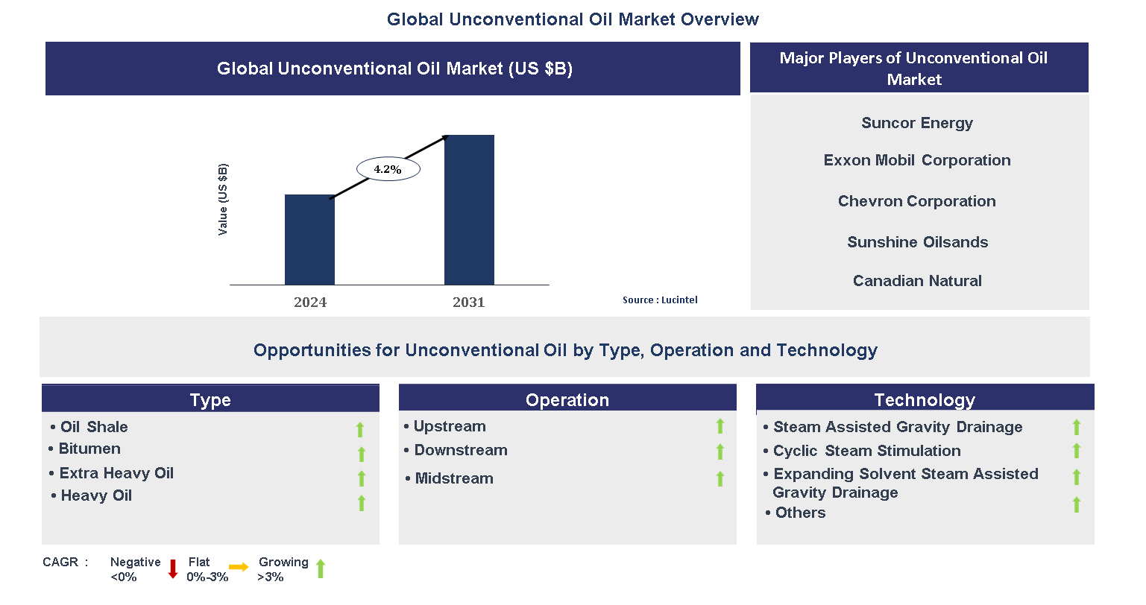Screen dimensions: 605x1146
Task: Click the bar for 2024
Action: [309, 240]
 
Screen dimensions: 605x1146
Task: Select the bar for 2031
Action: [469, 210]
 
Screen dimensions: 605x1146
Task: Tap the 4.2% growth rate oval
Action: [388, 170]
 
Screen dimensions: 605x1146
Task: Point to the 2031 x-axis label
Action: [468, 302]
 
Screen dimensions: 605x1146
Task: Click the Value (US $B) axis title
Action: [223, 200]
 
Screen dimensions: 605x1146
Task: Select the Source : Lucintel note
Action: [660, 300]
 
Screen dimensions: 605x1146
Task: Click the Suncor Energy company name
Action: [916, 123]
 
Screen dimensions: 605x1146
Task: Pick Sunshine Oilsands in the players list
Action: [917, 242]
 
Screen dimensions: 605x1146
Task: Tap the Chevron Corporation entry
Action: [916, 201]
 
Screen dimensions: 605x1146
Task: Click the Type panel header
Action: [210, 399]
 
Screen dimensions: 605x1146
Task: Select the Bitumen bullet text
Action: [89, 449]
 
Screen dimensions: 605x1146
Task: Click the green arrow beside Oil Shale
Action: [360, 429]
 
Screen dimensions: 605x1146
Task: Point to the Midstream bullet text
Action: [453, 478]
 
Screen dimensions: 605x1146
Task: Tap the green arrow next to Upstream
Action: [720, 425]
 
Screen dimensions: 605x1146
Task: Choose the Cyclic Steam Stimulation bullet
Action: [866, 451]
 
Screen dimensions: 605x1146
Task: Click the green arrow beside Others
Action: [1077, 505]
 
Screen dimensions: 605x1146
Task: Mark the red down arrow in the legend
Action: [173, 569]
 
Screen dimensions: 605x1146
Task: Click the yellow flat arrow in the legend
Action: [239, 568]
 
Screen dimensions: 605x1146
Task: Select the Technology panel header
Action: [925, 399]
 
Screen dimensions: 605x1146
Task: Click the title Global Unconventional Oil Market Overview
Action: [573, 19]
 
